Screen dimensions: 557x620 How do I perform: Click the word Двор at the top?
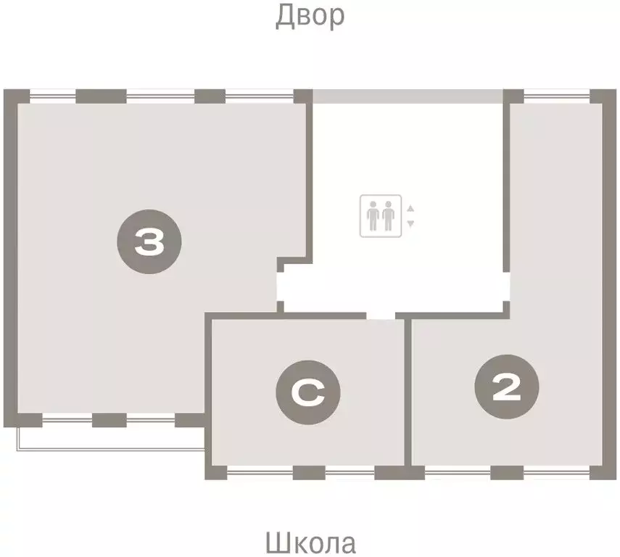[310, 16]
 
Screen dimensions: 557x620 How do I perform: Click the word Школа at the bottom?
[310, 542]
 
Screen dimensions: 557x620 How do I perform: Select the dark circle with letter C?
[307, 393]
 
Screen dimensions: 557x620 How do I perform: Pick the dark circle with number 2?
[506, 389]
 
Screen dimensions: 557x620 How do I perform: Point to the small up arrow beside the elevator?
[410, 209]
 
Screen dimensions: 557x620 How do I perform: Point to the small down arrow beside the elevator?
[410, 223]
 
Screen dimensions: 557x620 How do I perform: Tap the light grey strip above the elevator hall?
[408, 96]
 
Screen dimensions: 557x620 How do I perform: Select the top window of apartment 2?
[556, 96]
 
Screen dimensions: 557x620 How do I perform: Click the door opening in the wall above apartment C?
[380, 315]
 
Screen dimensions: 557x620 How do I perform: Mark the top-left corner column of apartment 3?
[16, 97]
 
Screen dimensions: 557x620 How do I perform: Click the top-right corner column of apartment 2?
[602, 97]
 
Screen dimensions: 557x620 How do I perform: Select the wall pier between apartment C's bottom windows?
[308, 473]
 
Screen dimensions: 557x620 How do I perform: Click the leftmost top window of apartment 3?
[52, 96]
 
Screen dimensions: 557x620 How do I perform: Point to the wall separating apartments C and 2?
[408, 392]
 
